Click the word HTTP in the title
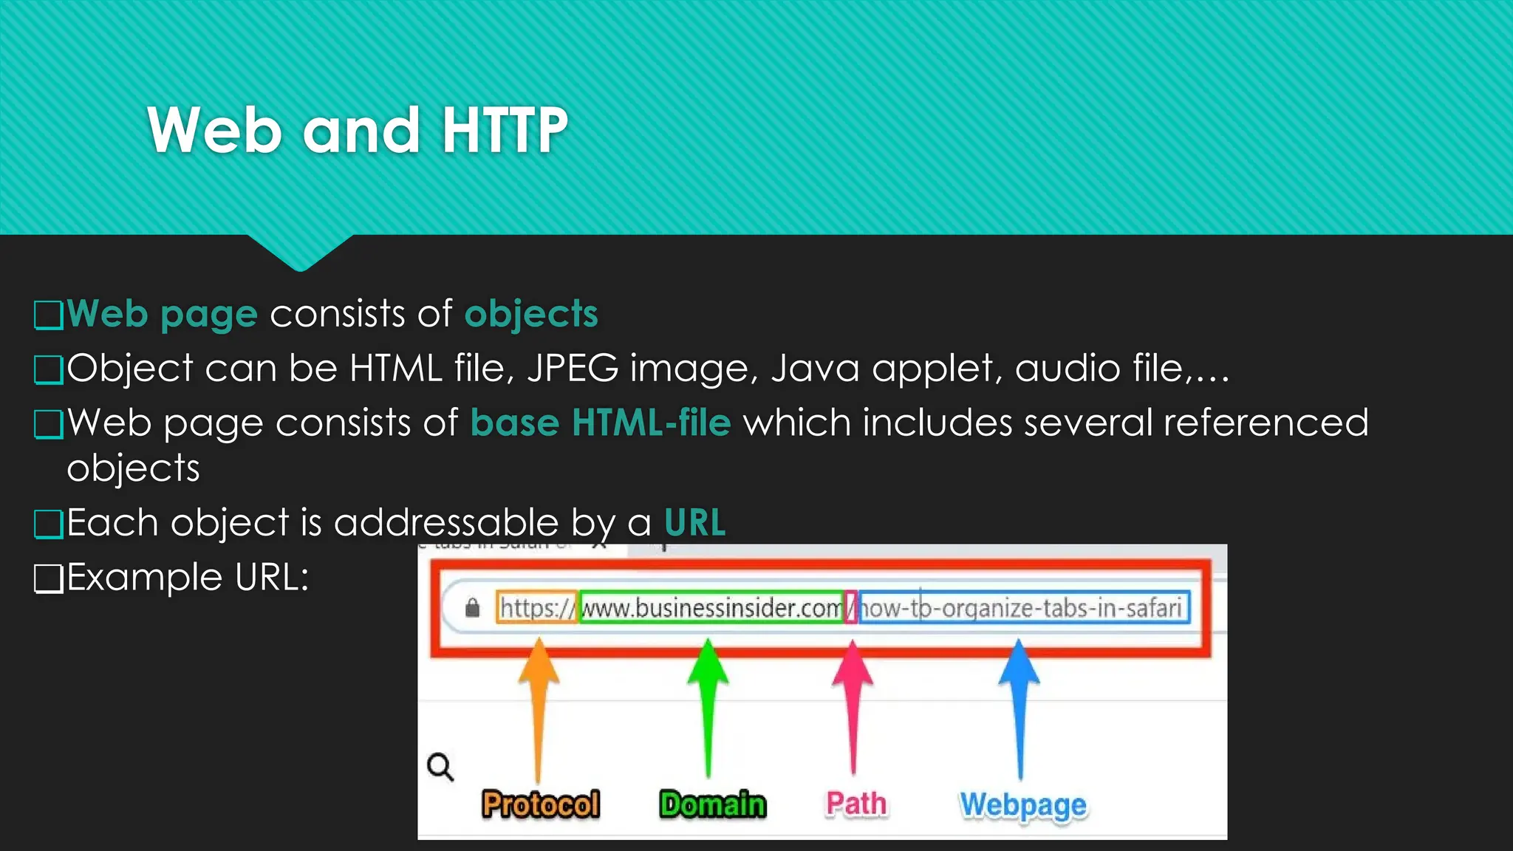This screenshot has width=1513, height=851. (505, 130)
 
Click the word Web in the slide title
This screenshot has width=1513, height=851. (214, 130)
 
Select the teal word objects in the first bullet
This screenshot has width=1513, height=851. (530, 313)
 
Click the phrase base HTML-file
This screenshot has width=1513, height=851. (600, 423)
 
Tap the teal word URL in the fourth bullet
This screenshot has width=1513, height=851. (694, 522)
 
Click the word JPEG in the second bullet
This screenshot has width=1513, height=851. (573, 368)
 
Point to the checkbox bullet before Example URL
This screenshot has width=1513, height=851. (49, 578)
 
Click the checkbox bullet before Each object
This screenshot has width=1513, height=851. (49, 524)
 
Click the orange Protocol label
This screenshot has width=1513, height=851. (540, 804)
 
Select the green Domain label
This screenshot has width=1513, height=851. (712, 804)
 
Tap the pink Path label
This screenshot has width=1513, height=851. (855, 803)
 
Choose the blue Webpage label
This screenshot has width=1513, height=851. (1022, 804)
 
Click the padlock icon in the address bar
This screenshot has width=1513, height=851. (473, 607)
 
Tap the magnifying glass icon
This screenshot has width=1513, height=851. (440, 767)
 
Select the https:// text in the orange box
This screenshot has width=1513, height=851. (536, 608)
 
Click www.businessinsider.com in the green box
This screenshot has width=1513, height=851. (711, 608)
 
